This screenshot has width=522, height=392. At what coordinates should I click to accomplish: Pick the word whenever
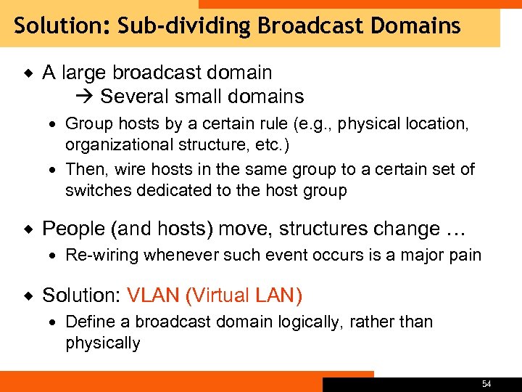[177, 255]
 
